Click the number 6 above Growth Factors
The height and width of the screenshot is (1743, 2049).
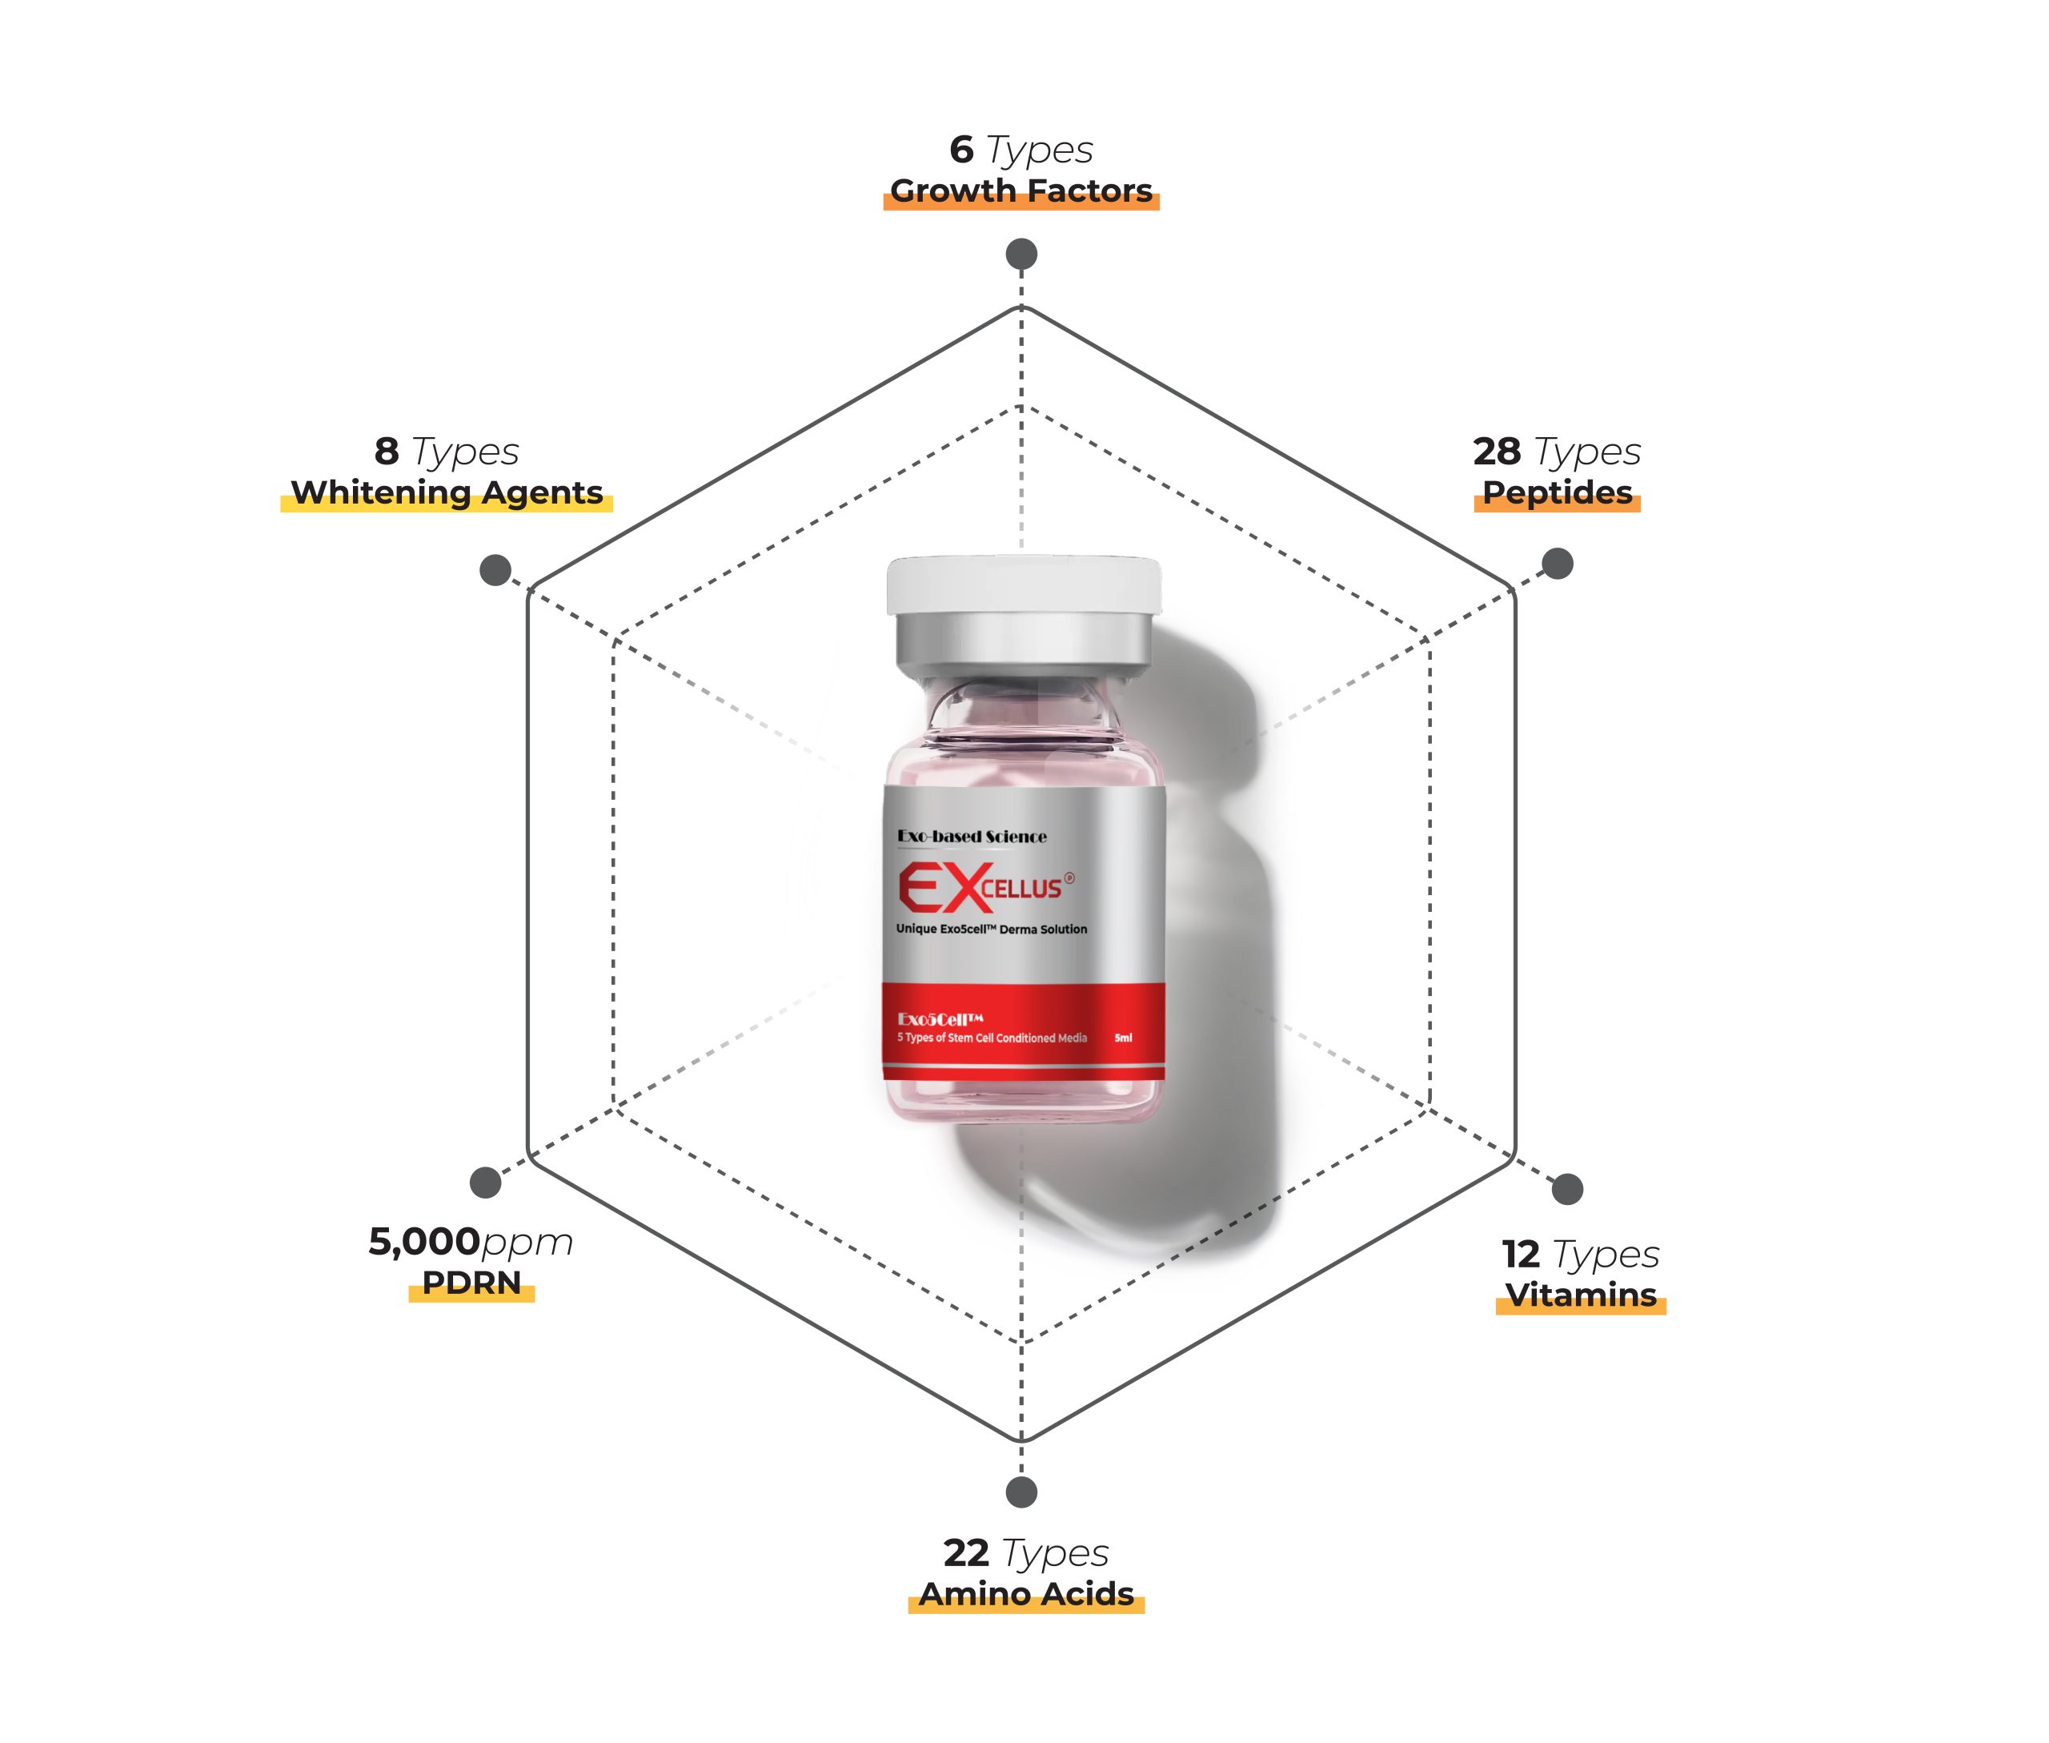(x=961, y=149)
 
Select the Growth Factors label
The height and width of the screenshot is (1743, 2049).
(x=1020, y=191)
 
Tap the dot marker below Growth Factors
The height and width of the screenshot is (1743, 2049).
(x=1021, y=254)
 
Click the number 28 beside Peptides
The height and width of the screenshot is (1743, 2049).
(x=1496, y=452)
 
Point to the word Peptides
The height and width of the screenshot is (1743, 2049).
(x=1557, y=493)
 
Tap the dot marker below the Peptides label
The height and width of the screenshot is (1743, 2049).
(x=1557, y=563)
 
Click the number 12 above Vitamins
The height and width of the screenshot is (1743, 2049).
(x=1521, y=1254)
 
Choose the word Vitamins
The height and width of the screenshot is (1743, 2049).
(x=1580, y=1295)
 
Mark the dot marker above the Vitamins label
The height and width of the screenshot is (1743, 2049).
(x=1567, y=1189)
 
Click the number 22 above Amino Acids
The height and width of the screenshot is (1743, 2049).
(x=965, y=1553)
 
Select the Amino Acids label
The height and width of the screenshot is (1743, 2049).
(x=1025, y=1594)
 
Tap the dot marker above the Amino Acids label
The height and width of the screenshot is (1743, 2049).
(x=1021, y=1492)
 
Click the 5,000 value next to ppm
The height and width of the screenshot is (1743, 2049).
(x=424, y=1242)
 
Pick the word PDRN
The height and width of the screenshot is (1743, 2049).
(x=471, y=1283)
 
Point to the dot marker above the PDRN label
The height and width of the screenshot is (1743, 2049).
(x=485, y=1182)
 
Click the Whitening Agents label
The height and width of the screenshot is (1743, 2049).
(x=447, y=493)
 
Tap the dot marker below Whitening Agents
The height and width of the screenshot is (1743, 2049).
(x=495, y=569)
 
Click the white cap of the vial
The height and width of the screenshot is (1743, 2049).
(x=1024, y=585)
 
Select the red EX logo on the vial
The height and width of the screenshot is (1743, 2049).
(x=940, y=887)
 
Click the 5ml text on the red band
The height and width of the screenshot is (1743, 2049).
(x=1123, y=1038)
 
